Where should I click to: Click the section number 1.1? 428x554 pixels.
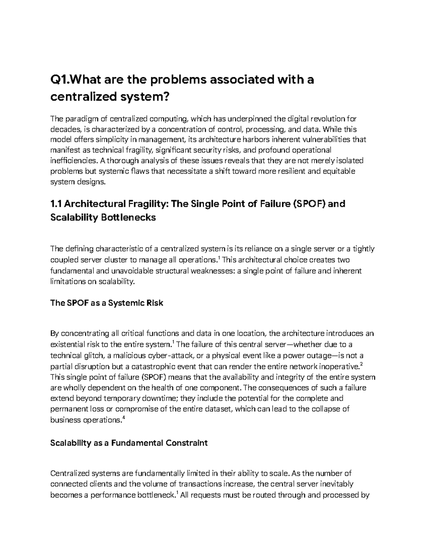56,204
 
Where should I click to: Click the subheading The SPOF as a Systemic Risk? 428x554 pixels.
107,303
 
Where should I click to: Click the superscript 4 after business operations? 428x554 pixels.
123,418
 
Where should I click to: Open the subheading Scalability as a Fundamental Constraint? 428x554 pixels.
129,443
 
